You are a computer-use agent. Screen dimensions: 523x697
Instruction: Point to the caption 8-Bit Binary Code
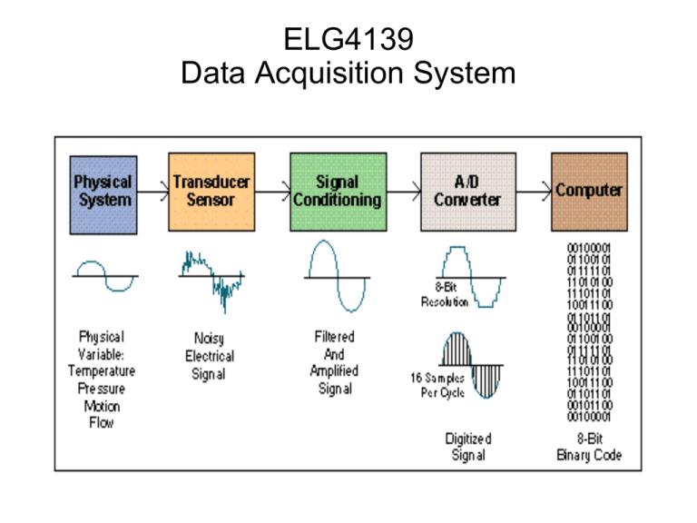tap(589, 447)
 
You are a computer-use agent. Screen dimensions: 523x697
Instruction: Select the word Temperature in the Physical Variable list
tap(103, 370)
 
